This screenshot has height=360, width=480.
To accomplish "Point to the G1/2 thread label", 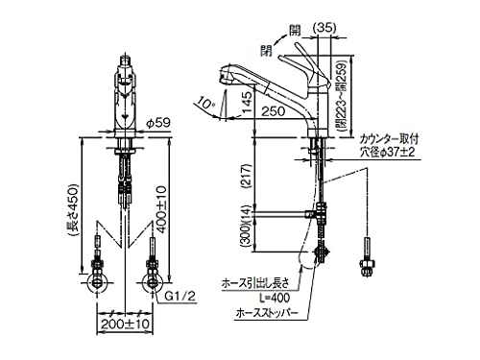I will pyautogui.click(x=180, y=299).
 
